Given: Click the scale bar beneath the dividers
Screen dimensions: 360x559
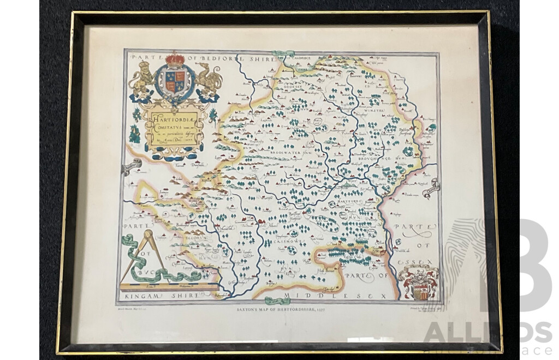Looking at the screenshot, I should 164,285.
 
